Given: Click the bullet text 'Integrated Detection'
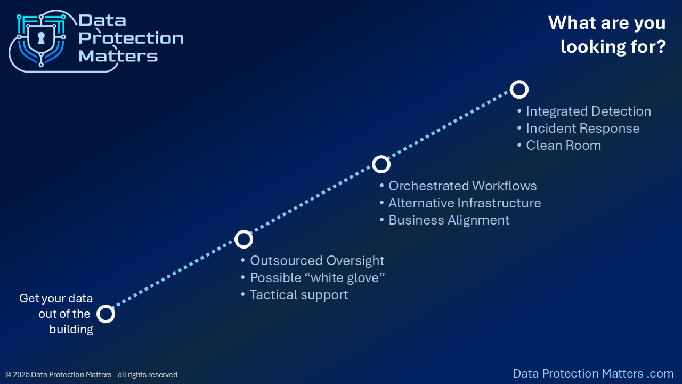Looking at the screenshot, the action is pyautogui.click(x=588, y=111).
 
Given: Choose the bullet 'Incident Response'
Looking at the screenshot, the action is pyautogui.click(x=583, y=129).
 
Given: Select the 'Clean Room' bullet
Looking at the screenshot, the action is pyautogui.click(x=564, y=146).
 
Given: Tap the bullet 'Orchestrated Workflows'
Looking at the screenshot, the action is pyautogui.click(x=462, y=186).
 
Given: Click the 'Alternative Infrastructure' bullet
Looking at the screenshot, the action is pyautogui.click(x=465, y=203).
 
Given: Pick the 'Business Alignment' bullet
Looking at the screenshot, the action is pyautogui.click(x=449, y=220).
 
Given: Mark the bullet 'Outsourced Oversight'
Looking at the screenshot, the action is pyautogui.click(x=317, y=261).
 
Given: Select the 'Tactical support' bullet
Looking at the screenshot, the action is pyautogui.click(x=299, y=295).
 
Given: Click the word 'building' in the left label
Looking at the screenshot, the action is pyautogui.click(x=71, y=330).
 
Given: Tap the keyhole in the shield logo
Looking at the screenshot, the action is pyautogui.click(x=41, y=38).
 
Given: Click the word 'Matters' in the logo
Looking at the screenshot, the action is pyautogui.click(x=118, y=56).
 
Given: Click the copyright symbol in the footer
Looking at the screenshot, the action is pyautogui.click(x=8, y=374).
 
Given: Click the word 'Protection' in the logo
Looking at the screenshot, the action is pyautogui.click(x=131, y=38).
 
